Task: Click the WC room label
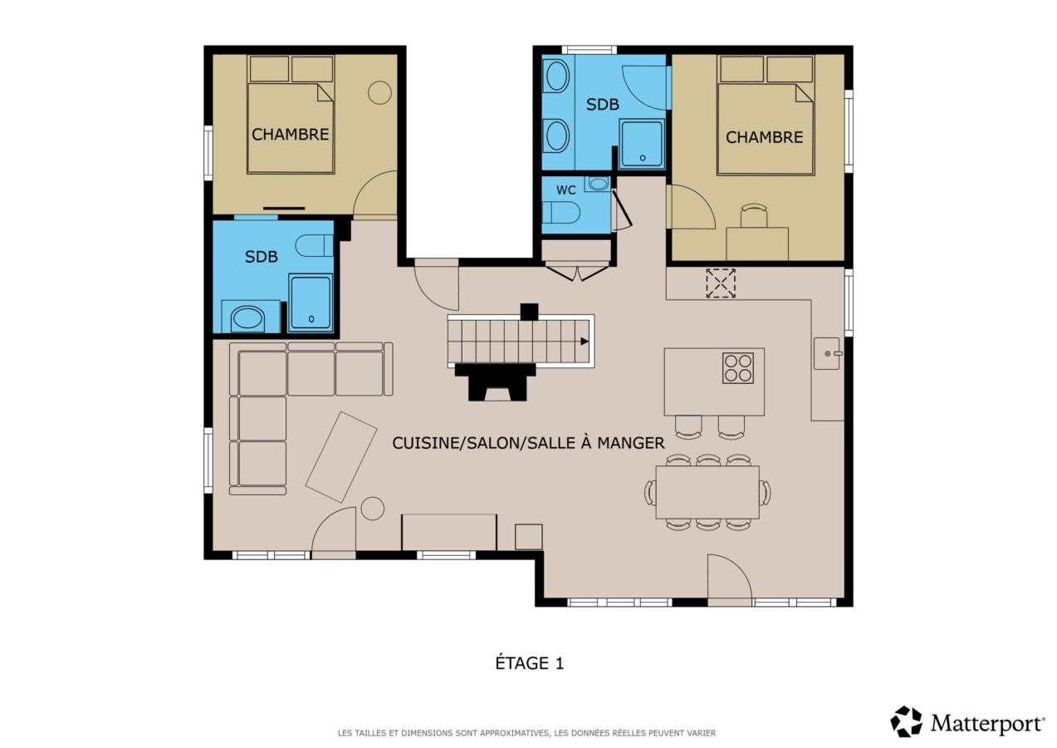point(565,189)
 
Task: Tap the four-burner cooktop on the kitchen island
point(738,368)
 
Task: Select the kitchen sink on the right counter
point(827,353)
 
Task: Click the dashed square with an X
point(721,283)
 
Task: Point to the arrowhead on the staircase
point(585,341)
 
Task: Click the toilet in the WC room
point(560,213)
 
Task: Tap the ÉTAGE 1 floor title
point(530,663)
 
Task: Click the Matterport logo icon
point(906,721)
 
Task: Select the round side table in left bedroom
point(379,92)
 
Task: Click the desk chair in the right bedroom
point(754,216)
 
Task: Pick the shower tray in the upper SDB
point(642,144)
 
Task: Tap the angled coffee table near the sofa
point(341,457)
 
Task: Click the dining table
point(707,492)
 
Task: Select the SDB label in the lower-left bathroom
point(262,257)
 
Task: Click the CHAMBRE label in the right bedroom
point(764,137)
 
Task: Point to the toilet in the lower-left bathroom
point(314,245)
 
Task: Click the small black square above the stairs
point(529,312)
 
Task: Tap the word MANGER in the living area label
point(631,443)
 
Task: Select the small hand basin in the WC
point(597,184)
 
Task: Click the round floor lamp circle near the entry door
point(373,509)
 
